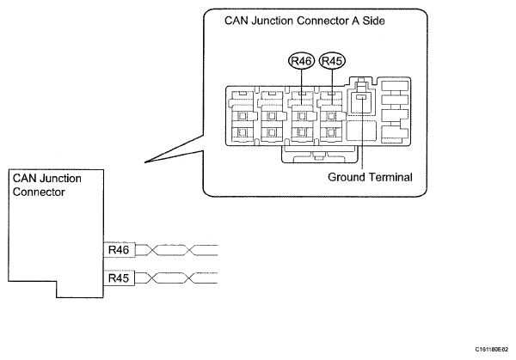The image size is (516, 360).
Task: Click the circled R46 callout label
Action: coord(302,61)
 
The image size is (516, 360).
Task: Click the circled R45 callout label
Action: coord(332,61)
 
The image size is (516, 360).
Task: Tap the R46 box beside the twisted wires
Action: coord(119,250)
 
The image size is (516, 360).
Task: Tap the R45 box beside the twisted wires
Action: coord(119,278)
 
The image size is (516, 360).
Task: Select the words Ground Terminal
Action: coord(370,177)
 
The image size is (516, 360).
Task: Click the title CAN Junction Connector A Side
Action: coord(304,21)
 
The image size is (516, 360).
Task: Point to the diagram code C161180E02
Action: coord(492,349)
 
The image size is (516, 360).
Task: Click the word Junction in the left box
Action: coord(60,179)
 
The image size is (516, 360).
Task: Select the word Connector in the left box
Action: coord(39,192)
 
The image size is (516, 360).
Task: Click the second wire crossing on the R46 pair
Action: coord(189,250)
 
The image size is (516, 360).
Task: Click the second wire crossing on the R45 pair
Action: coord(189,278)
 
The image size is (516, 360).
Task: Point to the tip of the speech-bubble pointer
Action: coord(144,162)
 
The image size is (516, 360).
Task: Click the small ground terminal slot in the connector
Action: coord(361,96)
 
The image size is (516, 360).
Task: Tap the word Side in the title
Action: coord(373,21)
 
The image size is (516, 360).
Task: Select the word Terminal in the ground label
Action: coord(390,177)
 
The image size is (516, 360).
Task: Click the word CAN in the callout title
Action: coord(236,21)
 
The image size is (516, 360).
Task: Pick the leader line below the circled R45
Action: coord(332,87)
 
